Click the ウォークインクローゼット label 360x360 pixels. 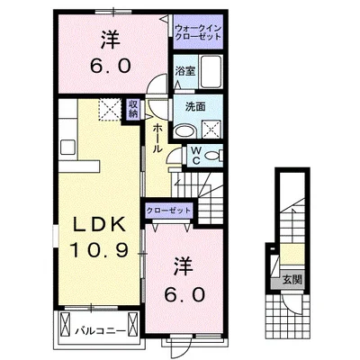[x=198, y=32]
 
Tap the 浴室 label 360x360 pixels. [x=185, y=71]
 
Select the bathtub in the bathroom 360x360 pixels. [x=211, y=71]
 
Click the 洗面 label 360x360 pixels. [x=195, y=107]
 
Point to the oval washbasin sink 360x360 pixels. [x=184, y=131]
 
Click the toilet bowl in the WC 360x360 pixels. [x=213, y=156]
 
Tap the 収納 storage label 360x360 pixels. [x=133, y=110]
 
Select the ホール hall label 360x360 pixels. [x=157, y=139]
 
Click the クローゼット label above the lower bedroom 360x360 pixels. [x=168, y=211]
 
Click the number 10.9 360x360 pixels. [x=99, y=250]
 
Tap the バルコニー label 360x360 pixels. [x=100, y=331]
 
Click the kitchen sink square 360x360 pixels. [x=67, y=148]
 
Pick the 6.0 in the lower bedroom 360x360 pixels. [x=184, y=294]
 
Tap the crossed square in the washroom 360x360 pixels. [x=211, y=129]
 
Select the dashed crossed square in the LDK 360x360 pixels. [x=110, y=110]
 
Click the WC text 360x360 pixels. [x=196, y=156]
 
